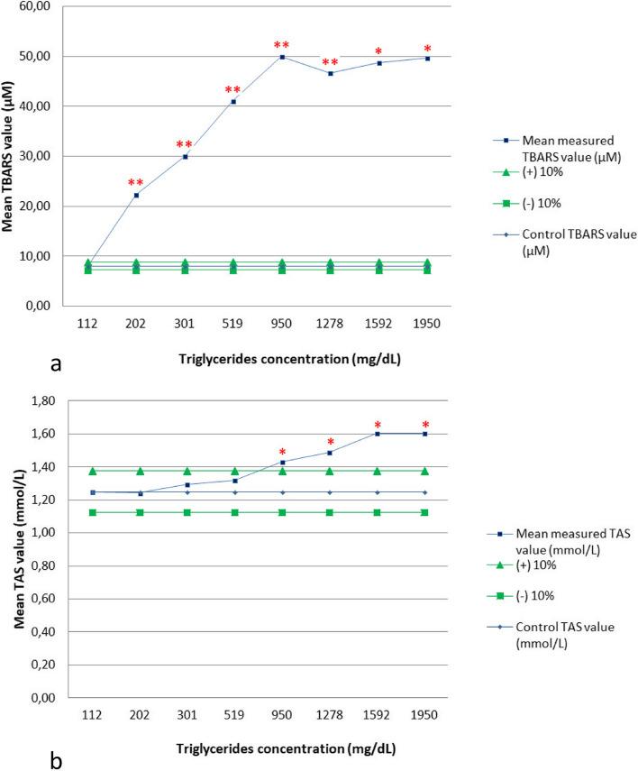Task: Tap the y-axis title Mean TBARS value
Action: [11, 156]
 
